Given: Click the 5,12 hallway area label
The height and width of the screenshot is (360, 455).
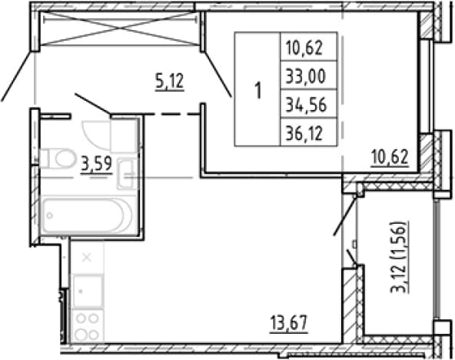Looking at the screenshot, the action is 170,82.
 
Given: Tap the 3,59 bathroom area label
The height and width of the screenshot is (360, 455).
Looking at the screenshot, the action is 97,164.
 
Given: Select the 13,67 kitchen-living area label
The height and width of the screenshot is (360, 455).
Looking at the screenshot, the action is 289,323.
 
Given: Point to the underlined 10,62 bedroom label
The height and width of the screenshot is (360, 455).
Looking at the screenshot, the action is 390,158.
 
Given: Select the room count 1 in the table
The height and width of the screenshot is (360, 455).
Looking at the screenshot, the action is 258,90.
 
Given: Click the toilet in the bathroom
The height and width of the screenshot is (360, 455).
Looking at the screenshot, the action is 57,158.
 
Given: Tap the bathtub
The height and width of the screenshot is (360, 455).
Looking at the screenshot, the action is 87,215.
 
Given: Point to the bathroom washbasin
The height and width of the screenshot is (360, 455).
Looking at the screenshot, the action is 125,174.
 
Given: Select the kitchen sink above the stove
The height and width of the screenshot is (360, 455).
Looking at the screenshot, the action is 88,292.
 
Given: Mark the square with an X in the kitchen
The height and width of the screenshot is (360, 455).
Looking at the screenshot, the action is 87,257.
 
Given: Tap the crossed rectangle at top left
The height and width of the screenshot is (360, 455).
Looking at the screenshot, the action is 120,28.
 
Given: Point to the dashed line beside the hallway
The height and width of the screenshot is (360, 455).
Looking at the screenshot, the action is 171,115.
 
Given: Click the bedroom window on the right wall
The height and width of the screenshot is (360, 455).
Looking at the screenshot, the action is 426,85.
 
